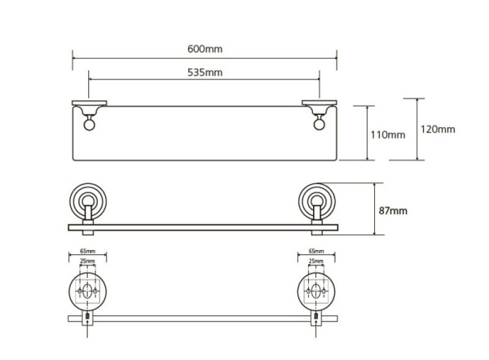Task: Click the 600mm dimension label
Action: pyautogui.click(x=205, y=49)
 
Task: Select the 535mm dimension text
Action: pyautogui.click(x=205, y=72)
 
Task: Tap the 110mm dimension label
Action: pyautogui.click(x=388, y=134)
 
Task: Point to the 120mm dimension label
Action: pyautogui.click(x=438, y=129)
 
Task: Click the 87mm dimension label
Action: pyautogui.click(x=393, y=211)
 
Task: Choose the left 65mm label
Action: pyautogui.click(x=88, y=251)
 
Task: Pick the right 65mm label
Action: pyautogui.click(x=316, y=251)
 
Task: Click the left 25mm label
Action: pyautogui.click(x=88, y=261)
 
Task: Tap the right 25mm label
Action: pyautogui.click(x=316, y=261)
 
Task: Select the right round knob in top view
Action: pyautogui.click(x=319, y=125)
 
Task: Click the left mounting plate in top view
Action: pyautogui.click(x=90, y=103)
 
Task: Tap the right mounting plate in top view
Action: pyautogui.click(x=319, y=103)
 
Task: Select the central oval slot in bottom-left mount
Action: pyautogui.click(x=88, y=291)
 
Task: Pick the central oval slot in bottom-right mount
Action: pyautogui.click(x=316, y=291)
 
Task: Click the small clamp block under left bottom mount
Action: pyautogui.click(x=88, y=318)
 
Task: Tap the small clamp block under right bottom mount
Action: pyautogui.click(x=316, y=318)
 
